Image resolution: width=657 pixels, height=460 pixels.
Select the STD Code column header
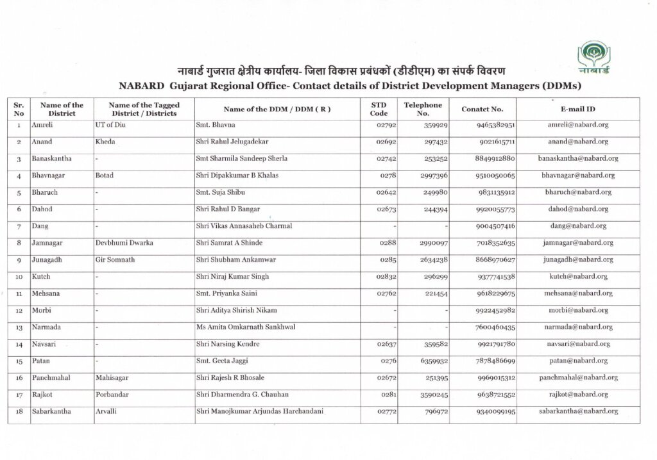click(x=379, y=109)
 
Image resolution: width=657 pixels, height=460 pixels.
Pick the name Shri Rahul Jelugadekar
click(x=231, y=142)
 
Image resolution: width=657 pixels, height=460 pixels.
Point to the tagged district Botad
click(x=104, y=175)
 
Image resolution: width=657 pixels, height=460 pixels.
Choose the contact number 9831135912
click(x=497, y=192)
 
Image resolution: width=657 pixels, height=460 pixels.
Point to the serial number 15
click(x=19, y=361)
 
